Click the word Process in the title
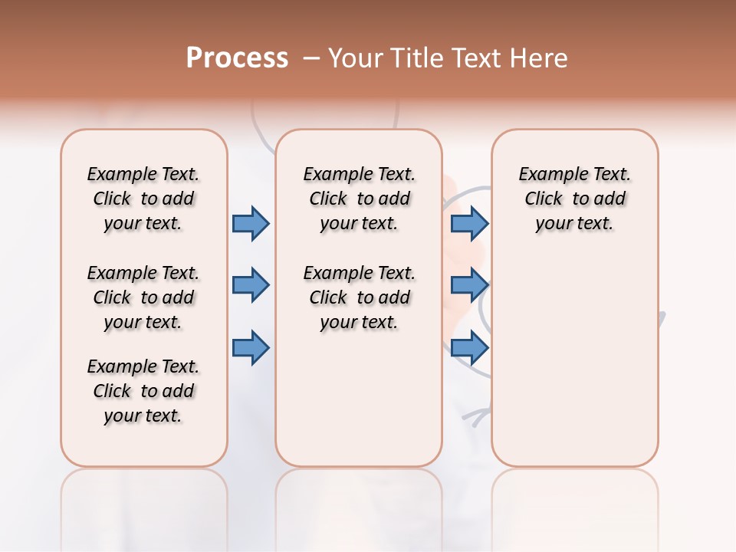coord(237,58)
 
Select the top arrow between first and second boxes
coord(251,223)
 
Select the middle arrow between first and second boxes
coord(251,285)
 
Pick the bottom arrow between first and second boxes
coord(251,347)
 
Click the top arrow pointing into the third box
coord(469,223)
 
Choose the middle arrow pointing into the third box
coord(469,285)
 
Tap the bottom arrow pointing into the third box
coord(469,347)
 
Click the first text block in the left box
coord(143,199)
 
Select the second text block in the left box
coord(143,297)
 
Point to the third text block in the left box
coord(143,391)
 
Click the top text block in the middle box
coord(359,199)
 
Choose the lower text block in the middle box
coord(359,297)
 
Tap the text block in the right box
coord(574,199)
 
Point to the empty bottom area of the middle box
coord(359,406)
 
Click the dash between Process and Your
coord(311,58)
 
